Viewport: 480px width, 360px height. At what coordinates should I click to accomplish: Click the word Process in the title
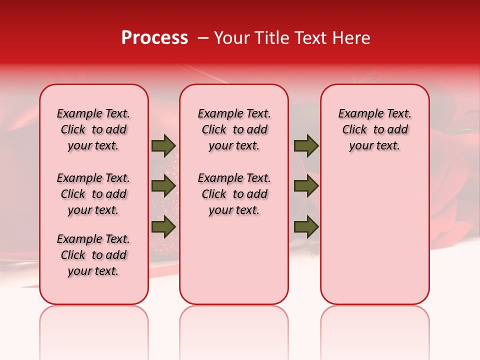(x=154, y=38)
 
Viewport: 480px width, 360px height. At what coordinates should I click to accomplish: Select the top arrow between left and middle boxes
(x=163, y=146)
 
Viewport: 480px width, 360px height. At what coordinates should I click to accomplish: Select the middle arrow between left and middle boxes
(x=163, y=186)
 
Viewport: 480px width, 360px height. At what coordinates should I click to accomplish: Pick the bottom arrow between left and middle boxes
(x=163, y=226)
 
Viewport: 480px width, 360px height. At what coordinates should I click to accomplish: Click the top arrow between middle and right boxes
(x=306, y=146)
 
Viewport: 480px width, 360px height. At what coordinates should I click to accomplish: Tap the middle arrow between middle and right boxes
(x=306, y=186)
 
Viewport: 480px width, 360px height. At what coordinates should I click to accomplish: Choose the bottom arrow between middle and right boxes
(x=306, y=226)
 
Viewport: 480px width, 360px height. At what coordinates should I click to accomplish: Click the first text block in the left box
(x=93, y=129)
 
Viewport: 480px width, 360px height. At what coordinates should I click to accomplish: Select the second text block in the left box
(x=93, y=194)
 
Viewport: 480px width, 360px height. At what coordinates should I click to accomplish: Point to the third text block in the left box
(x=93, y=255)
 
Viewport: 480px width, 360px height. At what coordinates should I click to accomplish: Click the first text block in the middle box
(x=234, y=129)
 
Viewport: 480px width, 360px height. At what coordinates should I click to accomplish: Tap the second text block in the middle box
(x=234, y=194)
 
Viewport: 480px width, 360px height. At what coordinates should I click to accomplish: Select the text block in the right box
(x=375, y=129)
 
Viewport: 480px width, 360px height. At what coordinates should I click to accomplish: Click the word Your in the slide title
(x=231, y=38)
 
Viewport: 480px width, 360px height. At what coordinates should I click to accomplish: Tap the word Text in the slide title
(x=310, y=38)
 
